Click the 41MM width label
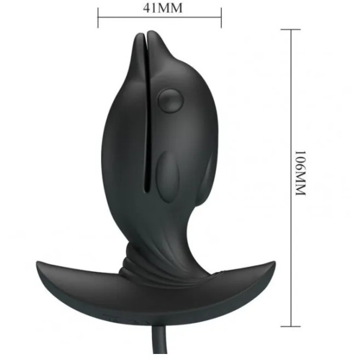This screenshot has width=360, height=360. (163, 8)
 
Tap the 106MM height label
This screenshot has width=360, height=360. (301, 173)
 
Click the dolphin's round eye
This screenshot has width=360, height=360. (171, 101)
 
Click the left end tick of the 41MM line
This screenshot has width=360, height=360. (98, 17)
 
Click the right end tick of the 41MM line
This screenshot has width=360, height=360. (221, 17)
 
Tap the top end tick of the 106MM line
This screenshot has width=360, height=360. (290, 29)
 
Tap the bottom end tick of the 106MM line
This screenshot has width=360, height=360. (290, 326)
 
